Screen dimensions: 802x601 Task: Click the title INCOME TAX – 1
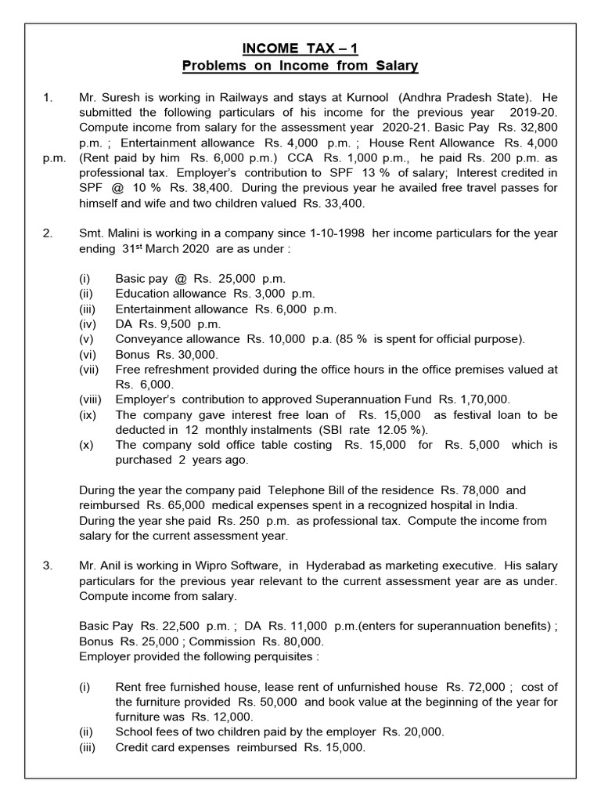[300, 49]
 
